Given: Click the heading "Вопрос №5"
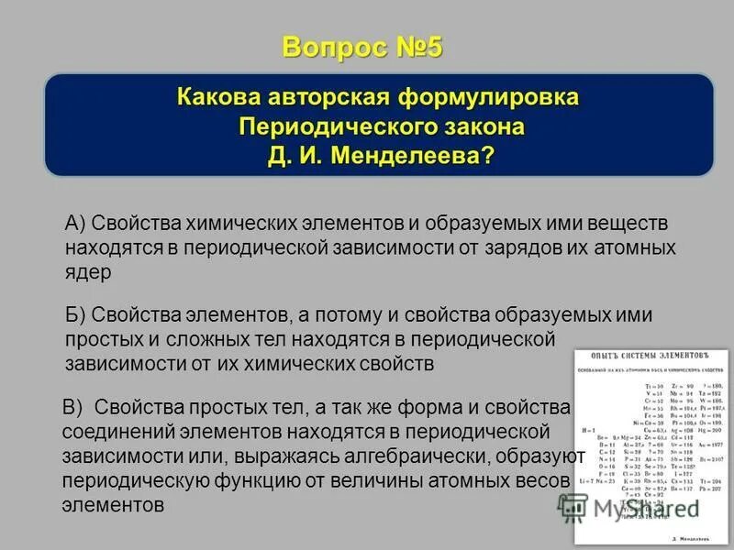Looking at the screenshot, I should (x=361, y=47).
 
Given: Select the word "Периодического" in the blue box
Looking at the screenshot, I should (x=315, y=126).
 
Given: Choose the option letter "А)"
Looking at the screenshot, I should (x=75, y=224).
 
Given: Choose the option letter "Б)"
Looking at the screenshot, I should (x=75, y=315).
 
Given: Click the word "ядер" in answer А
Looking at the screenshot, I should (x=88, y=271).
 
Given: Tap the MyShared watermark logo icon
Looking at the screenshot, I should (x=573, y=505).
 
